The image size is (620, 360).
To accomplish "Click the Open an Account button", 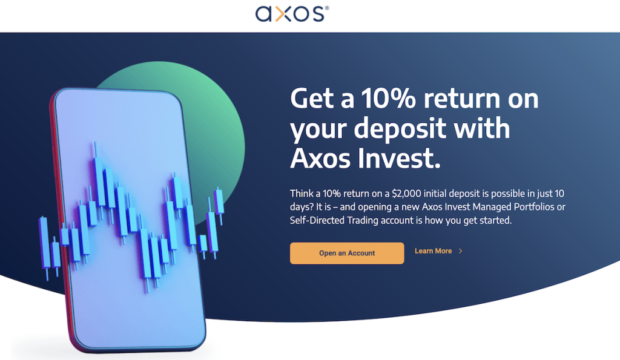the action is pos(347,253).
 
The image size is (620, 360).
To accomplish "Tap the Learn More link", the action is pos(433,251).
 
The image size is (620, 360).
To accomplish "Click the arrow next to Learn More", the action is pos(460,251).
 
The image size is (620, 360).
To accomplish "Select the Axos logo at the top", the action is pos(292,14).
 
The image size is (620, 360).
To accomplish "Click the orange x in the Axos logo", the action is pos(283,15).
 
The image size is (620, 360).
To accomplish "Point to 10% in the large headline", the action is pos(388,98).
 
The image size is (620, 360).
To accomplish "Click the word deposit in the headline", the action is pos(400,129).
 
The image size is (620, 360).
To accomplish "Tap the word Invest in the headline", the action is pos(399,158).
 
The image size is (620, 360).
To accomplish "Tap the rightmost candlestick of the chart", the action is pos(219,205).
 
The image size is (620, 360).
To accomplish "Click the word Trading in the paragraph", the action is pos(363,220).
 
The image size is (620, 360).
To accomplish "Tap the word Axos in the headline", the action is pos(321,158).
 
